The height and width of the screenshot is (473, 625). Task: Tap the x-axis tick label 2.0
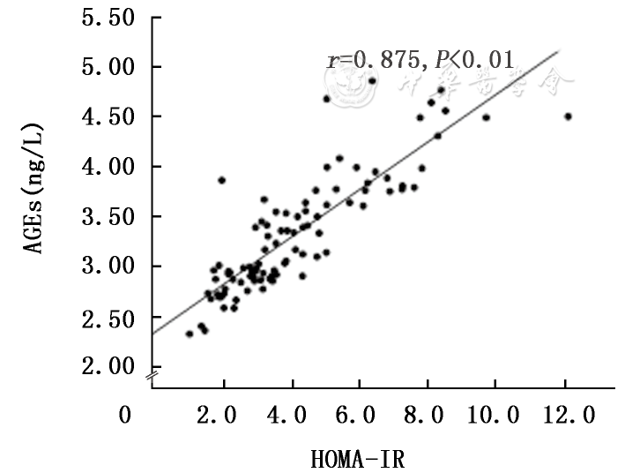click(x=225, y=416)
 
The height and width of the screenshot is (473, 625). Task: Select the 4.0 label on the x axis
click(x=292, y=416)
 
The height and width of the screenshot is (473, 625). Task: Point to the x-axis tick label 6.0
click(x=360, y=416)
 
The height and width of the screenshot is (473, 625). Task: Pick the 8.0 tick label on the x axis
click(x=428, y=416)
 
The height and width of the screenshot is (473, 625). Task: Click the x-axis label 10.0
click(x=495, y=416)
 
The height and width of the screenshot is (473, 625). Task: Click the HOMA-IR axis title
click(x=358, y=459)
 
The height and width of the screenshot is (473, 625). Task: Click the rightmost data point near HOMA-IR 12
click(x=568, y=116)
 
